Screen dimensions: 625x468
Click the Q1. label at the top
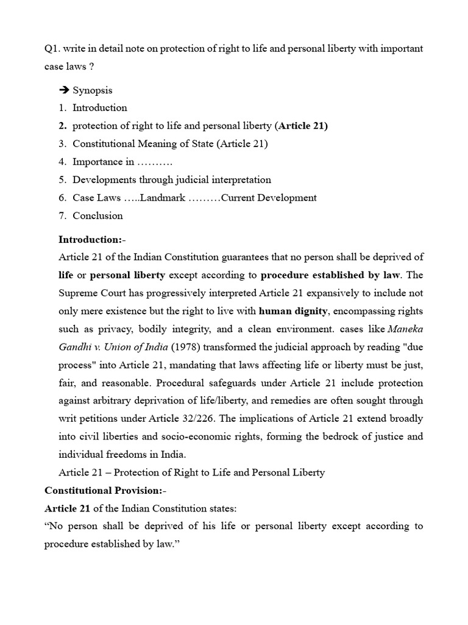click(52, 48)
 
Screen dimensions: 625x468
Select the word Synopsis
click(93, 90)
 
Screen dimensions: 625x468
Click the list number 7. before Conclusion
click(63, 215)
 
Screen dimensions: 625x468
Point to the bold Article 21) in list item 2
click(302, 126)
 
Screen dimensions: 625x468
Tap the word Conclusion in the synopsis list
click(97, 215)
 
